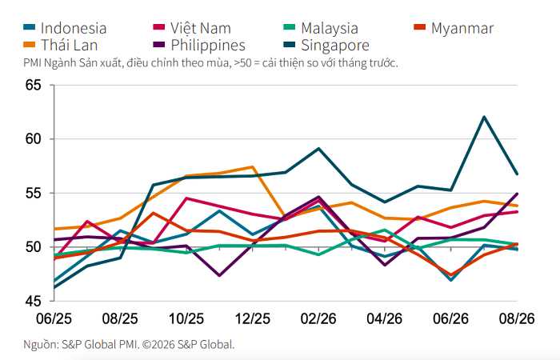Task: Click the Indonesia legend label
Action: click(x=74, y=28)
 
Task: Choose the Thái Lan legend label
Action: click(x=69, y=45)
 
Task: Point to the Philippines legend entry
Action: click(x=208, y=45)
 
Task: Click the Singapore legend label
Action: click(x=335, y=45)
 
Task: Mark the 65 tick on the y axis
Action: click(x=34, y=85)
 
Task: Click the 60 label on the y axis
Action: click(x=34, y=139)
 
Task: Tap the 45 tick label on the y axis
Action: click(x=34, y=301)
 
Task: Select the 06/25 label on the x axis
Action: click(x=54, y=318)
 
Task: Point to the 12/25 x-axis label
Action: click(x=253, y=318)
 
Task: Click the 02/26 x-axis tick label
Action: click(x=318, y=318)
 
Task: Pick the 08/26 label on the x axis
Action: click(x=517, y=318)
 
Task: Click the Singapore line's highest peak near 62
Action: click(x=484, y=117)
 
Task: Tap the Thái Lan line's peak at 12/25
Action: click(x=253, y=166)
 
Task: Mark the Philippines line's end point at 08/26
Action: click(x=517, y=194)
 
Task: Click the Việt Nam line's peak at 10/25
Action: click(x=186, y=198)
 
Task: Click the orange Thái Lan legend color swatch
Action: click(x=30, y=45)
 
